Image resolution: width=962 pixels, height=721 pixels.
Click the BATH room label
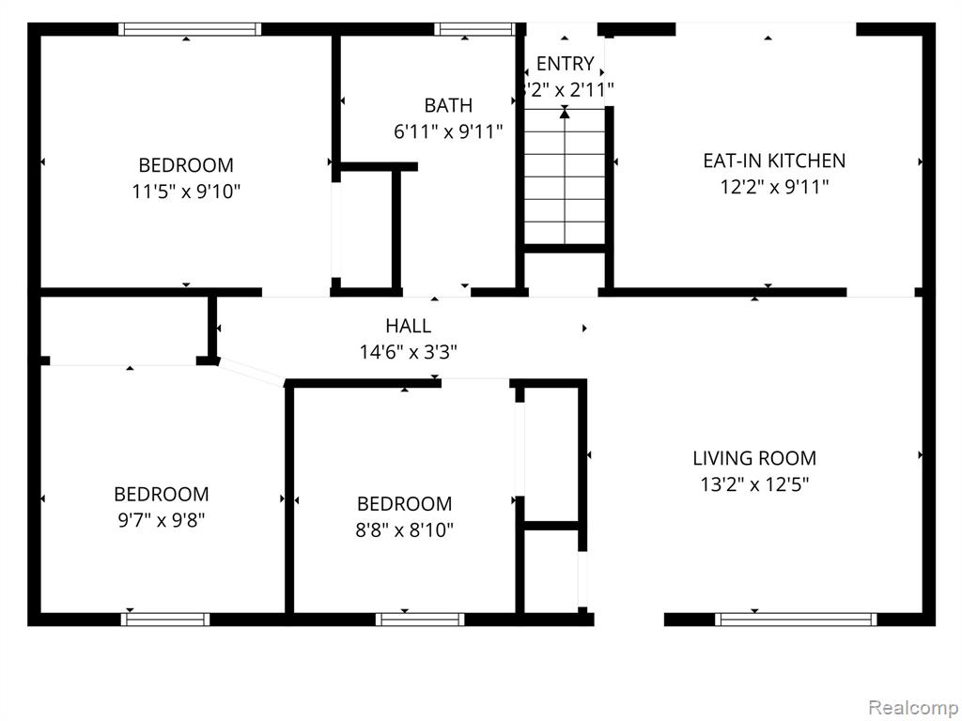(448, 105)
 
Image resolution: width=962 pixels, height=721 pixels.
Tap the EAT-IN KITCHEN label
(774, 161)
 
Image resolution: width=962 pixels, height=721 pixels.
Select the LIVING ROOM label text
(754, 458)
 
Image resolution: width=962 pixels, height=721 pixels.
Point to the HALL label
(408, 325)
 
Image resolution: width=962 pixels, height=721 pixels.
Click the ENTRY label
(565, 64)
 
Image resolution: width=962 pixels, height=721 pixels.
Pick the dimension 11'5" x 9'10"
(186, 192)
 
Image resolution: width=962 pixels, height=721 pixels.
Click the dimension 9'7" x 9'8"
(162, 520)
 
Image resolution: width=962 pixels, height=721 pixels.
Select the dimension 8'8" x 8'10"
(404, 529)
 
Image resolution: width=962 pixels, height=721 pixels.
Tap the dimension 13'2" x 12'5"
(754, 485)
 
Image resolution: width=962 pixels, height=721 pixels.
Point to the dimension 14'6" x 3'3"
(408, 352)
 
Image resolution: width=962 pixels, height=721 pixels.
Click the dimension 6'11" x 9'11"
(448, 131)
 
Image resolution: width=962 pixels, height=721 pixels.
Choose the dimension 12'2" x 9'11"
(774, 187)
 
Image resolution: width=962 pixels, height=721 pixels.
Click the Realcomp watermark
(914, 707)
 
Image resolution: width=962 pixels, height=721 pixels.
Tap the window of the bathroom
(474, 29)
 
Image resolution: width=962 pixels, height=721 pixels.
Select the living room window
(796, 620)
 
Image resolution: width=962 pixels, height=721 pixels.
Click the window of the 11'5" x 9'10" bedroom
(190, 29)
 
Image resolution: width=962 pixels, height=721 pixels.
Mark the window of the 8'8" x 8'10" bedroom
(420, 620)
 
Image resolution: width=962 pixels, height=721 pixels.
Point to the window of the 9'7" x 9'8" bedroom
(165, 620)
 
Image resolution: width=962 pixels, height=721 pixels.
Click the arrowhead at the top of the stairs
(565, 113)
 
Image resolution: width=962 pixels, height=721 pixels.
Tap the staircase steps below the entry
(565, 176)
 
